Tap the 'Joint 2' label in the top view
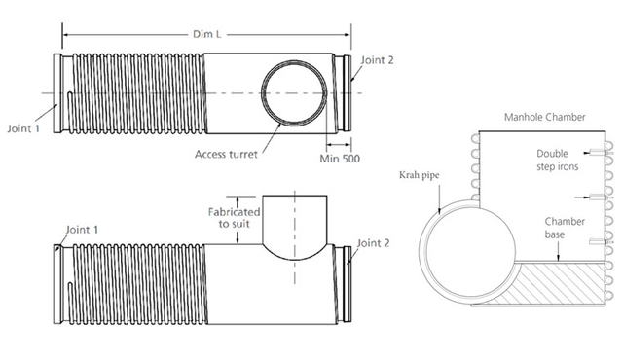(x=377, y=60)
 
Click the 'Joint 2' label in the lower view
(x=376, y=242)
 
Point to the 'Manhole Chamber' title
(x=544, y=118)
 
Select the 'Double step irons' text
(x=559, y=160)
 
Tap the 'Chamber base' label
(x=565, y=229)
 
